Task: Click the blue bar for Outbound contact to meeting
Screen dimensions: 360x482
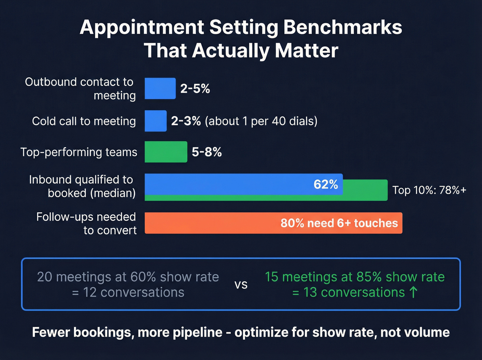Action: pyautogui.click(x=160, y=89)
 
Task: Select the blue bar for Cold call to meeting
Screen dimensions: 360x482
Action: pyautogui.click(x=156, y=121)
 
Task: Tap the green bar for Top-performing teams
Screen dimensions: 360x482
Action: pyautogui.click(x=166, y=152)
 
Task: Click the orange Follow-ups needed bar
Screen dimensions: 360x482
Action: pyautogui.click(x=273, y=223)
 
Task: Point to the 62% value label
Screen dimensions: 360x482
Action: pyautogui.click(x=326, y=184)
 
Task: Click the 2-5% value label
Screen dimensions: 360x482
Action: pyautogui.click(x=195, y=89)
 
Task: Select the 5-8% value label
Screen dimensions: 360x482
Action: pyautogui.click(x=207, y=152)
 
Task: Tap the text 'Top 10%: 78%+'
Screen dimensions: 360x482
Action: pyautogui.click(x=429, y=190)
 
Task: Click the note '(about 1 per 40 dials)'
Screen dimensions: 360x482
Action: pyautogui.click(x=261, y=121)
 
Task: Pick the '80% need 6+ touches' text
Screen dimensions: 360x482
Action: pyautogui.click(x=339, y=223)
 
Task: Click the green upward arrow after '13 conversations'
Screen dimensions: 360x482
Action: pyautogui.click(x=413, y=292)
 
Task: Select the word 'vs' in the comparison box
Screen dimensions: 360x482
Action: pyautogui.click(x=241, y=285)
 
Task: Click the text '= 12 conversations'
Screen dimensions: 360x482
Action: pyautogui.click(x=128, y=292)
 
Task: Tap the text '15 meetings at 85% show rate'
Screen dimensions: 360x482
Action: pyautogui.click(x=355, y=277)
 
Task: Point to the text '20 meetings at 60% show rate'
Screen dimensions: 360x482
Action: pyautogui.click(x=128, y=277)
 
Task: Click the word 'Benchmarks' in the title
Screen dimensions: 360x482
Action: pyautogui.click(x=343, y=27)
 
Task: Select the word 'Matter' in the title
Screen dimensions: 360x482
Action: pyautogui.click(x=306, y=51)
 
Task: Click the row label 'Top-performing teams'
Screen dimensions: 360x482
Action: pyautogui.click(x=79, y=152)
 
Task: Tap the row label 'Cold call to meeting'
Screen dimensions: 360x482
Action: pyautogui.click(x=84, y=121)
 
